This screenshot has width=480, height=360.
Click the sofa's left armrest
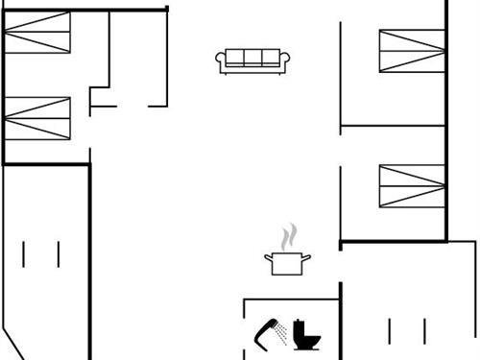point(221,61)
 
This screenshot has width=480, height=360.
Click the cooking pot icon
point(285,263)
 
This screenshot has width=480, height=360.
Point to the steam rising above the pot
point(288,236)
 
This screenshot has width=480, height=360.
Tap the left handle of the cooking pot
point(268,256)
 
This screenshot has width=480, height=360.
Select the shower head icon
point(264,331)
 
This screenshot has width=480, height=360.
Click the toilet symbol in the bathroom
point(306,335)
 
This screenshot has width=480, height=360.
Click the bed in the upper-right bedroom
point(412,51)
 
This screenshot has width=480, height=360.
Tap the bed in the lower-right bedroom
point(412,185)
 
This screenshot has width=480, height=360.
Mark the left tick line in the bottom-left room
point(24,253)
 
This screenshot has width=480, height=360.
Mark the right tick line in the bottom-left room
point(59,253)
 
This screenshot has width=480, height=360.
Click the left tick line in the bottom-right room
point(389,330)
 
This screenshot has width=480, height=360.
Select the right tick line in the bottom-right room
point(422,330)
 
